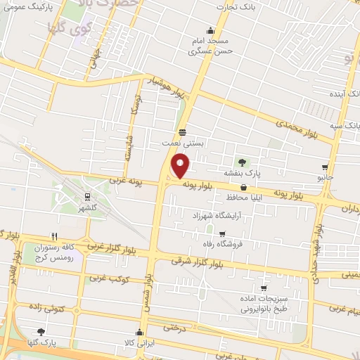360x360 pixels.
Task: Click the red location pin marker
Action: (181, 166)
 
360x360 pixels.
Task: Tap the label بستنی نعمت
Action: (183, 142)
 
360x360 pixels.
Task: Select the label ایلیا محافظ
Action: (243, 198)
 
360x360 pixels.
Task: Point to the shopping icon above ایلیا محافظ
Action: (243, 188)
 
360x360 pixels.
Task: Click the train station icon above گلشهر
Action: (86, 198)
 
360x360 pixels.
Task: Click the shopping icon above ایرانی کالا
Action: (141, 331)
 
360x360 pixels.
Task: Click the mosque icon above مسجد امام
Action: (210, 30)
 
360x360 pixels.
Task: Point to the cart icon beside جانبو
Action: (324, 167)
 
